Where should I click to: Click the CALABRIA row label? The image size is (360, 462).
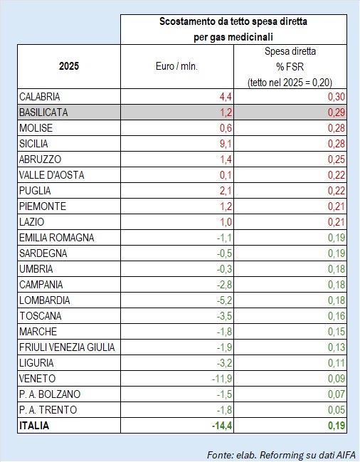tap(40, 97)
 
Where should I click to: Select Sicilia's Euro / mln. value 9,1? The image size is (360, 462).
tap(226, 144)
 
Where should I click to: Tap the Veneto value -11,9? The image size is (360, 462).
tap(222, 379)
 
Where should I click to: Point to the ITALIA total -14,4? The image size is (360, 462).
tap(222, 426)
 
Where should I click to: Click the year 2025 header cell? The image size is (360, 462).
tap(69, 66)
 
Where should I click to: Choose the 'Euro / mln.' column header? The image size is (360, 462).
tap(176, 66)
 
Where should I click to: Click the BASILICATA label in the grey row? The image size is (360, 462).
tap(43, 112)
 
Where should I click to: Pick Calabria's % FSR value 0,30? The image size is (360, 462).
tap(337, 97)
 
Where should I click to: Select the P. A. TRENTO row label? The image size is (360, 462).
tap(48, 410)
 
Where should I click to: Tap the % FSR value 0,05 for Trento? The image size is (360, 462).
tap(337, 410)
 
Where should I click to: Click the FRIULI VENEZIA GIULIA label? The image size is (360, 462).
tap(67, 347)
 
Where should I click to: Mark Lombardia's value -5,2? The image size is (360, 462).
tap(225, 300)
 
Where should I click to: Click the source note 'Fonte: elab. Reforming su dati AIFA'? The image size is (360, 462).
tap(281, 455)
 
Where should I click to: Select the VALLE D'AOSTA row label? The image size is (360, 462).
tap(51, 175)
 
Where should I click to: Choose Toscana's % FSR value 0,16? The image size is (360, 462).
tap(337, 316)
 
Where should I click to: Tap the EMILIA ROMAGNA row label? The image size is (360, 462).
tap(56, 238)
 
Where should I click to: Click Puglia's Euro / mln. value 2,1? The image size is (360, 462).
tap(226, 191)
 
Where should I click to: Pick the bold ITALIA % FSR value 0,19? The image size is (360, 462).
tap(337, 426)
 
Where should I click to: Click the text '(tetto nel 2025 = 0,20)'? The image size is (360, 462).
tap(290, 83)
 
